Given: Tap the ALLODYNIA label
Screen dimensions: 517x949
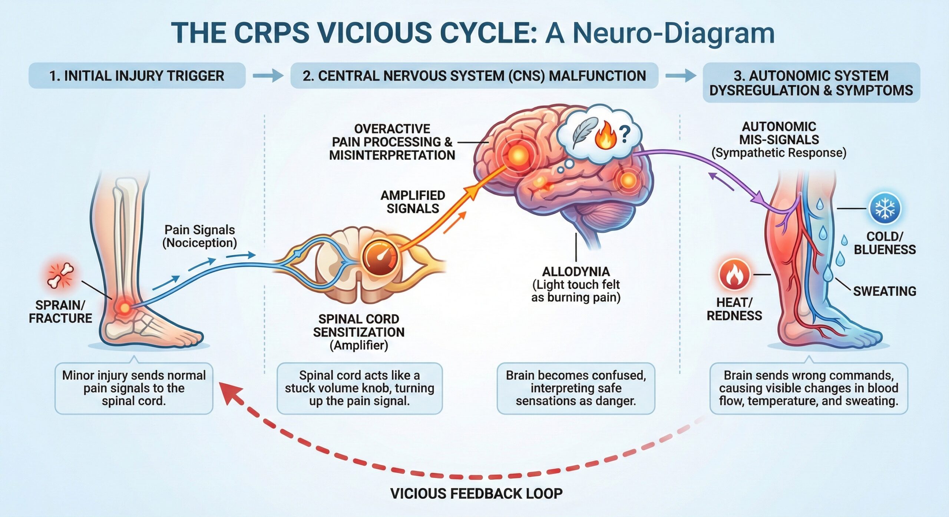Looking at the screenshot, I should coord(576,272).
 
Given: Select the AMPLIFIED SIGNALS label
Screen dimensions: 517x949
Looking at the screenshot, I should coord(413,202).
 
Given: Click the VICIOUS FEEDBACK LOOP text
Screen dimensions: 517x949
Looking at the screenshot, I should coord(476,494).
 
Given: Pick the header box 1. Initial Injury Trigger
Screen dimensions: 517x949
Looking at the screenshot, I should coord(137,76).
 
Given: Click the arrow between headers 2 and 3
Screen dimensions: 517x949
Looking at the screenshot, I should coord(681,76).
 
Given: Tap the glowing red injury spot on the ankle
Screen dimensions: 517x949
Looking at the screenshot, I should coord(125,307).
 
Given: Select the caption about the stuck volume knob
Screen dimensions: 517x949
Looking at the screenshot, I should coord(359,388).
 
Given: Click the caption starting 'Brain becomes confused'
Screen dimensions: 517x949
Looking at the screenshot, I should coord(576,388).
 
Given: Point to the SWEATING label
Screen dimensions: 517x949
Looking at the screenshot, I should coord(884,291).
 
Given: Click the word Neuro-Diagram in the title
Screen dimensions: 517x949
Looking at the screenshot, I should coord(674,33).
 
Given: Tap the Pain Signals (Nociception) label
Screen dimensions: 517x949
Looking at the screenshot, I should coord(199,236).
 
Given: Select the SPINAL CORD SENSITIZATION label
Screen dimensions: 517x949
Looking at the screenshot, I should coord(358,326).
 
